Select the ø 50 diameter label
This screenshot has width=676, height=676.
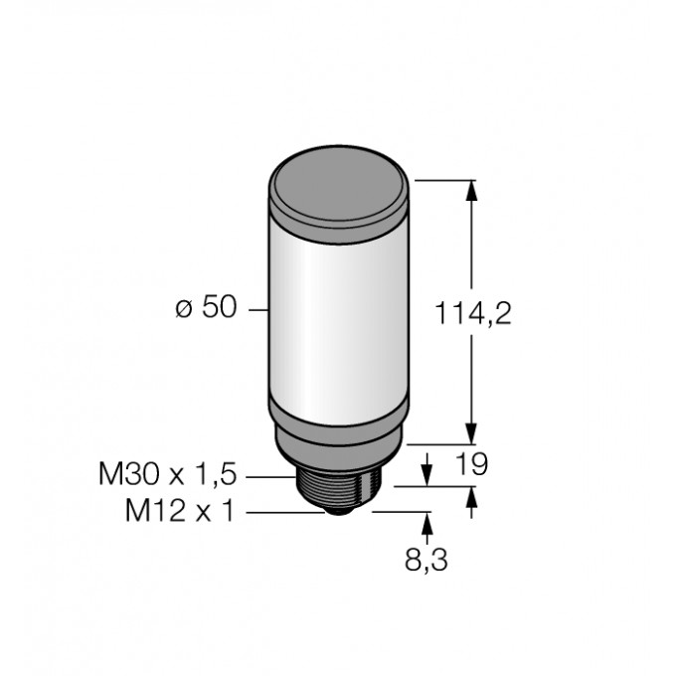click(206, 309)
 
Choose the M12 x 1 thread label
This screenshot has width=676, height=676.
click(181, 512)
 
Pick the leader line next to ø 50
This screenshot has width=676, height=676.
click(257, 310)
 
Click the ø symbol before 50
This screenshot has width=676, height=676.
click(183, 310)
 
